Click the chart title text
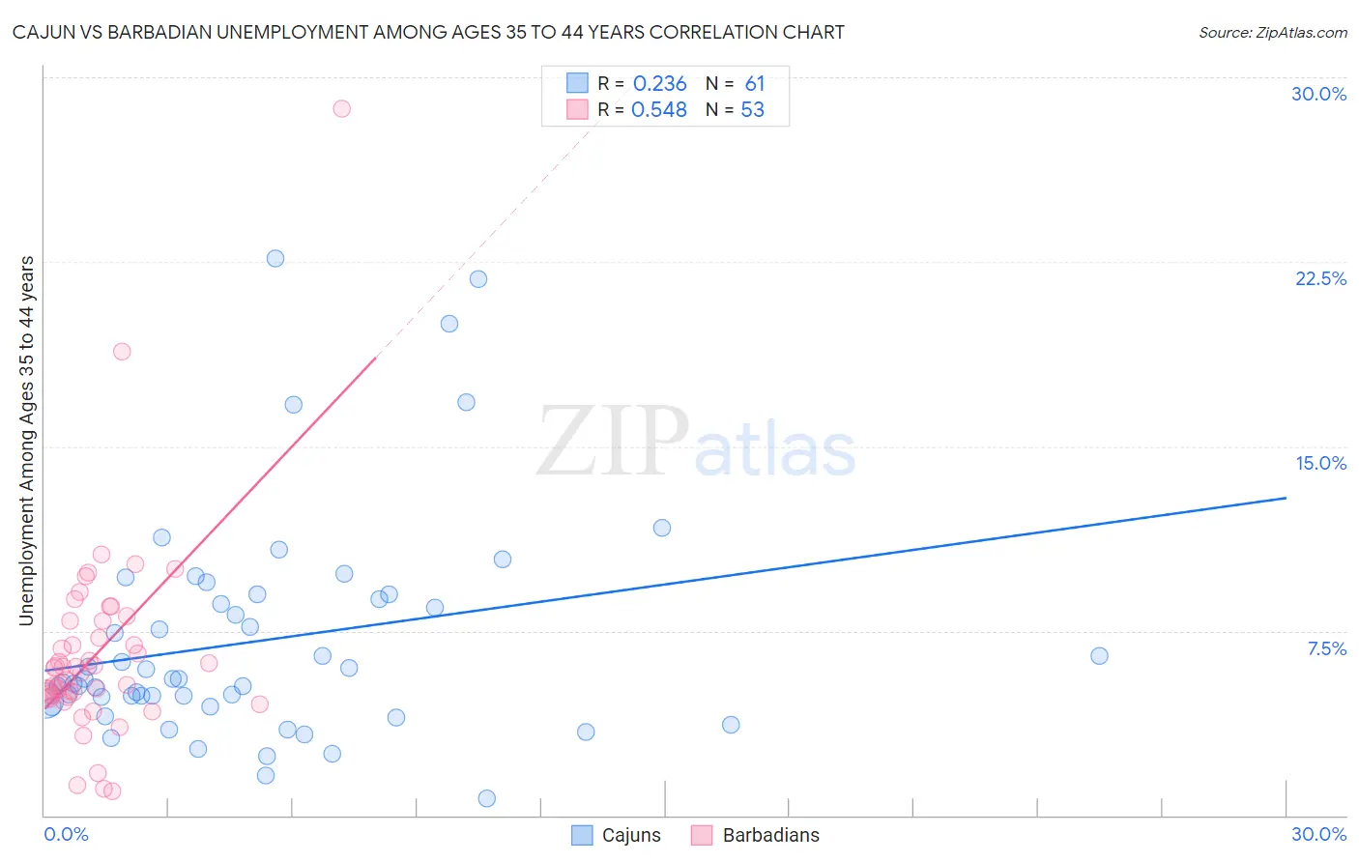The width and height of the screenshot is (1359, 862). tap(428, 32)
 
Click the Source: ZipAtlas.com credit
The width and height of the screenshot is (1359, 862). tap(1272, 32)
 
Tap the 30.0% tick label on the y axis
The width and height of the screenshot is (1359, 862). tap(1318, 94)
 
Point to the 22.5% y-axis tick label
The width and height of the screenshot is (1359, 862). tap(1320, 278)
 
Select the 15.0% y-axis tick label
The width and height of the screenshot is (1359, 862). tap(1320, 463)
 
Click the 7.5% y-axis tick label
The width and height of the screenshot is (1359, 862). tap(1326, 648)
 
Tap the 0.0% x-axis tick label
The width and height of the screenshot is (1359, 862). tap(66, 834)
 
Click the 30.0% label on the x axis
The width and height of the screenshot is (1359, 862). tap(1318, 834)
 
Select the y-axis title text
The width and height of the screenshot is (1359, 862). tap(27, 441)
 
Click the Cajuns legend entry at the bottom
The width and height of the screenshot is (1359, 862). tap(630, 835)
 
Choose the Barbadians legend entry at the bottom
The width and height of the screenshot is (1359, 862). tap(770, 835)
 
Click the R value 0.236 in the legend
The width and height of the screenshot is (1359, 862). tap(659, 84)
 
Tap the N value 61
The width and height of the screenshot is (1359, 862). tap(754, 84)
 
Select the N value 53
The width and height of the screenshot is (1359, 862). tap(752, 110)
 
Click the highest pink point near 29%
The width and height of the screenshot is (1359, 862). tap(341, 108)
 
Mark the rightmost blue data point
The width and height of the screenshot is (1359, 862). tap(1099, 656)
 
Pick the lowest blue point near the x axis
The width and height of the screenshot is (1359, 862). tap(487, 798)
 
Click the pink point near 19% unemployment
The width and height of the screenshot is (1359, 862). tap(122, 351)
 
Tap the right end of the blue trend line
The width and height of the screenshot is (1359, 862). tap(1286, 498)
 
